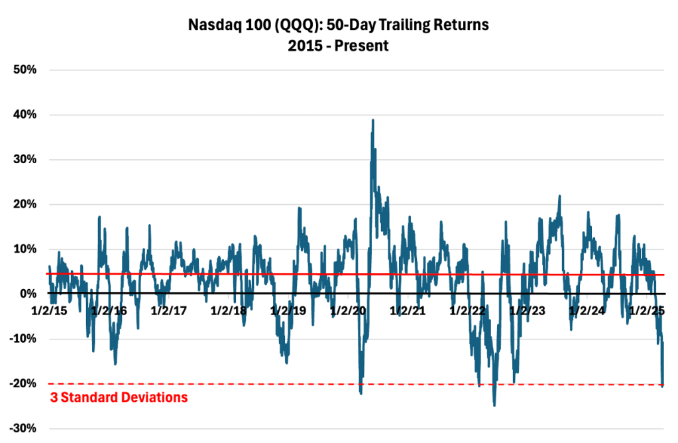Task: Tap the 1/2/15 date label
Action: [50, 310]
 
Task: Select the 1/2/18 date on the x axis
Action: [229, 310]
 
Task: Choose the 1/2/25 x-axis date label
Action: [646, 310]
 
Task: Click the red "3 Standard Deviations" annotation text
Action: [119, 398]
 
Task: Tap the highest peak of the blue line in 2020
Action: [373, 120]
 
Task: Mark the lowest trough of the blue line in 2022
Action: [494, 405]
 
